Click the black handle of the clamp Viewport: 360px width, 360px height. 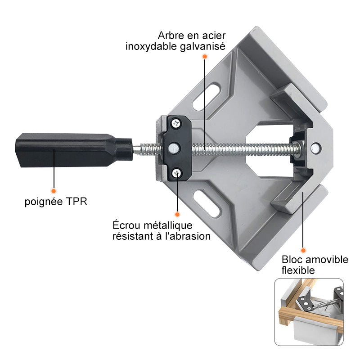(74, 150)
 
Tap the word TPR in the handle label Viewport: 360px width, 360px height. (76, 202)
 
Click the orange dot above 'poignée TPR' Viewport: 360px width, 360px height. (54, 191)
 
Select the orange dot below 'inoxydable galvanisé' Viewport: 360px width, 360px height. (205, 56)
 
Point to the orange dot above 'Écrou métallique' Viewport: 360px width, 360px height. (177, 214)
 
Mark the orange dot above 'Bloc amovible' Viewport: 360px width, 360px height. (303, 250)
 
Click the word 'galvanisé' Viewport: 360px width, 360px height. (202, 46)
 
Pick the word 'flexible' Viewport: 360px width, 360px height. (298, 270)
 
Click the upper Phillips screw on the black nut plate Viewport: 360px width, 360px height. (176, 123)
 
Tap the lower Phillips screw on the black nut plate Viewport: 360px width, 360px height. (177, 173)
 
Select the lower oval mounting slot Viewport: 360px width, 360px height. (207, 203)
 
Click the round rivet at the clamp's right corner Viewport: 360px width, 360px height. (316, 148)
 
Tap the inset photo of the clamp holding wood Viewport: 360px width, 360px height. (309, 312)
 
